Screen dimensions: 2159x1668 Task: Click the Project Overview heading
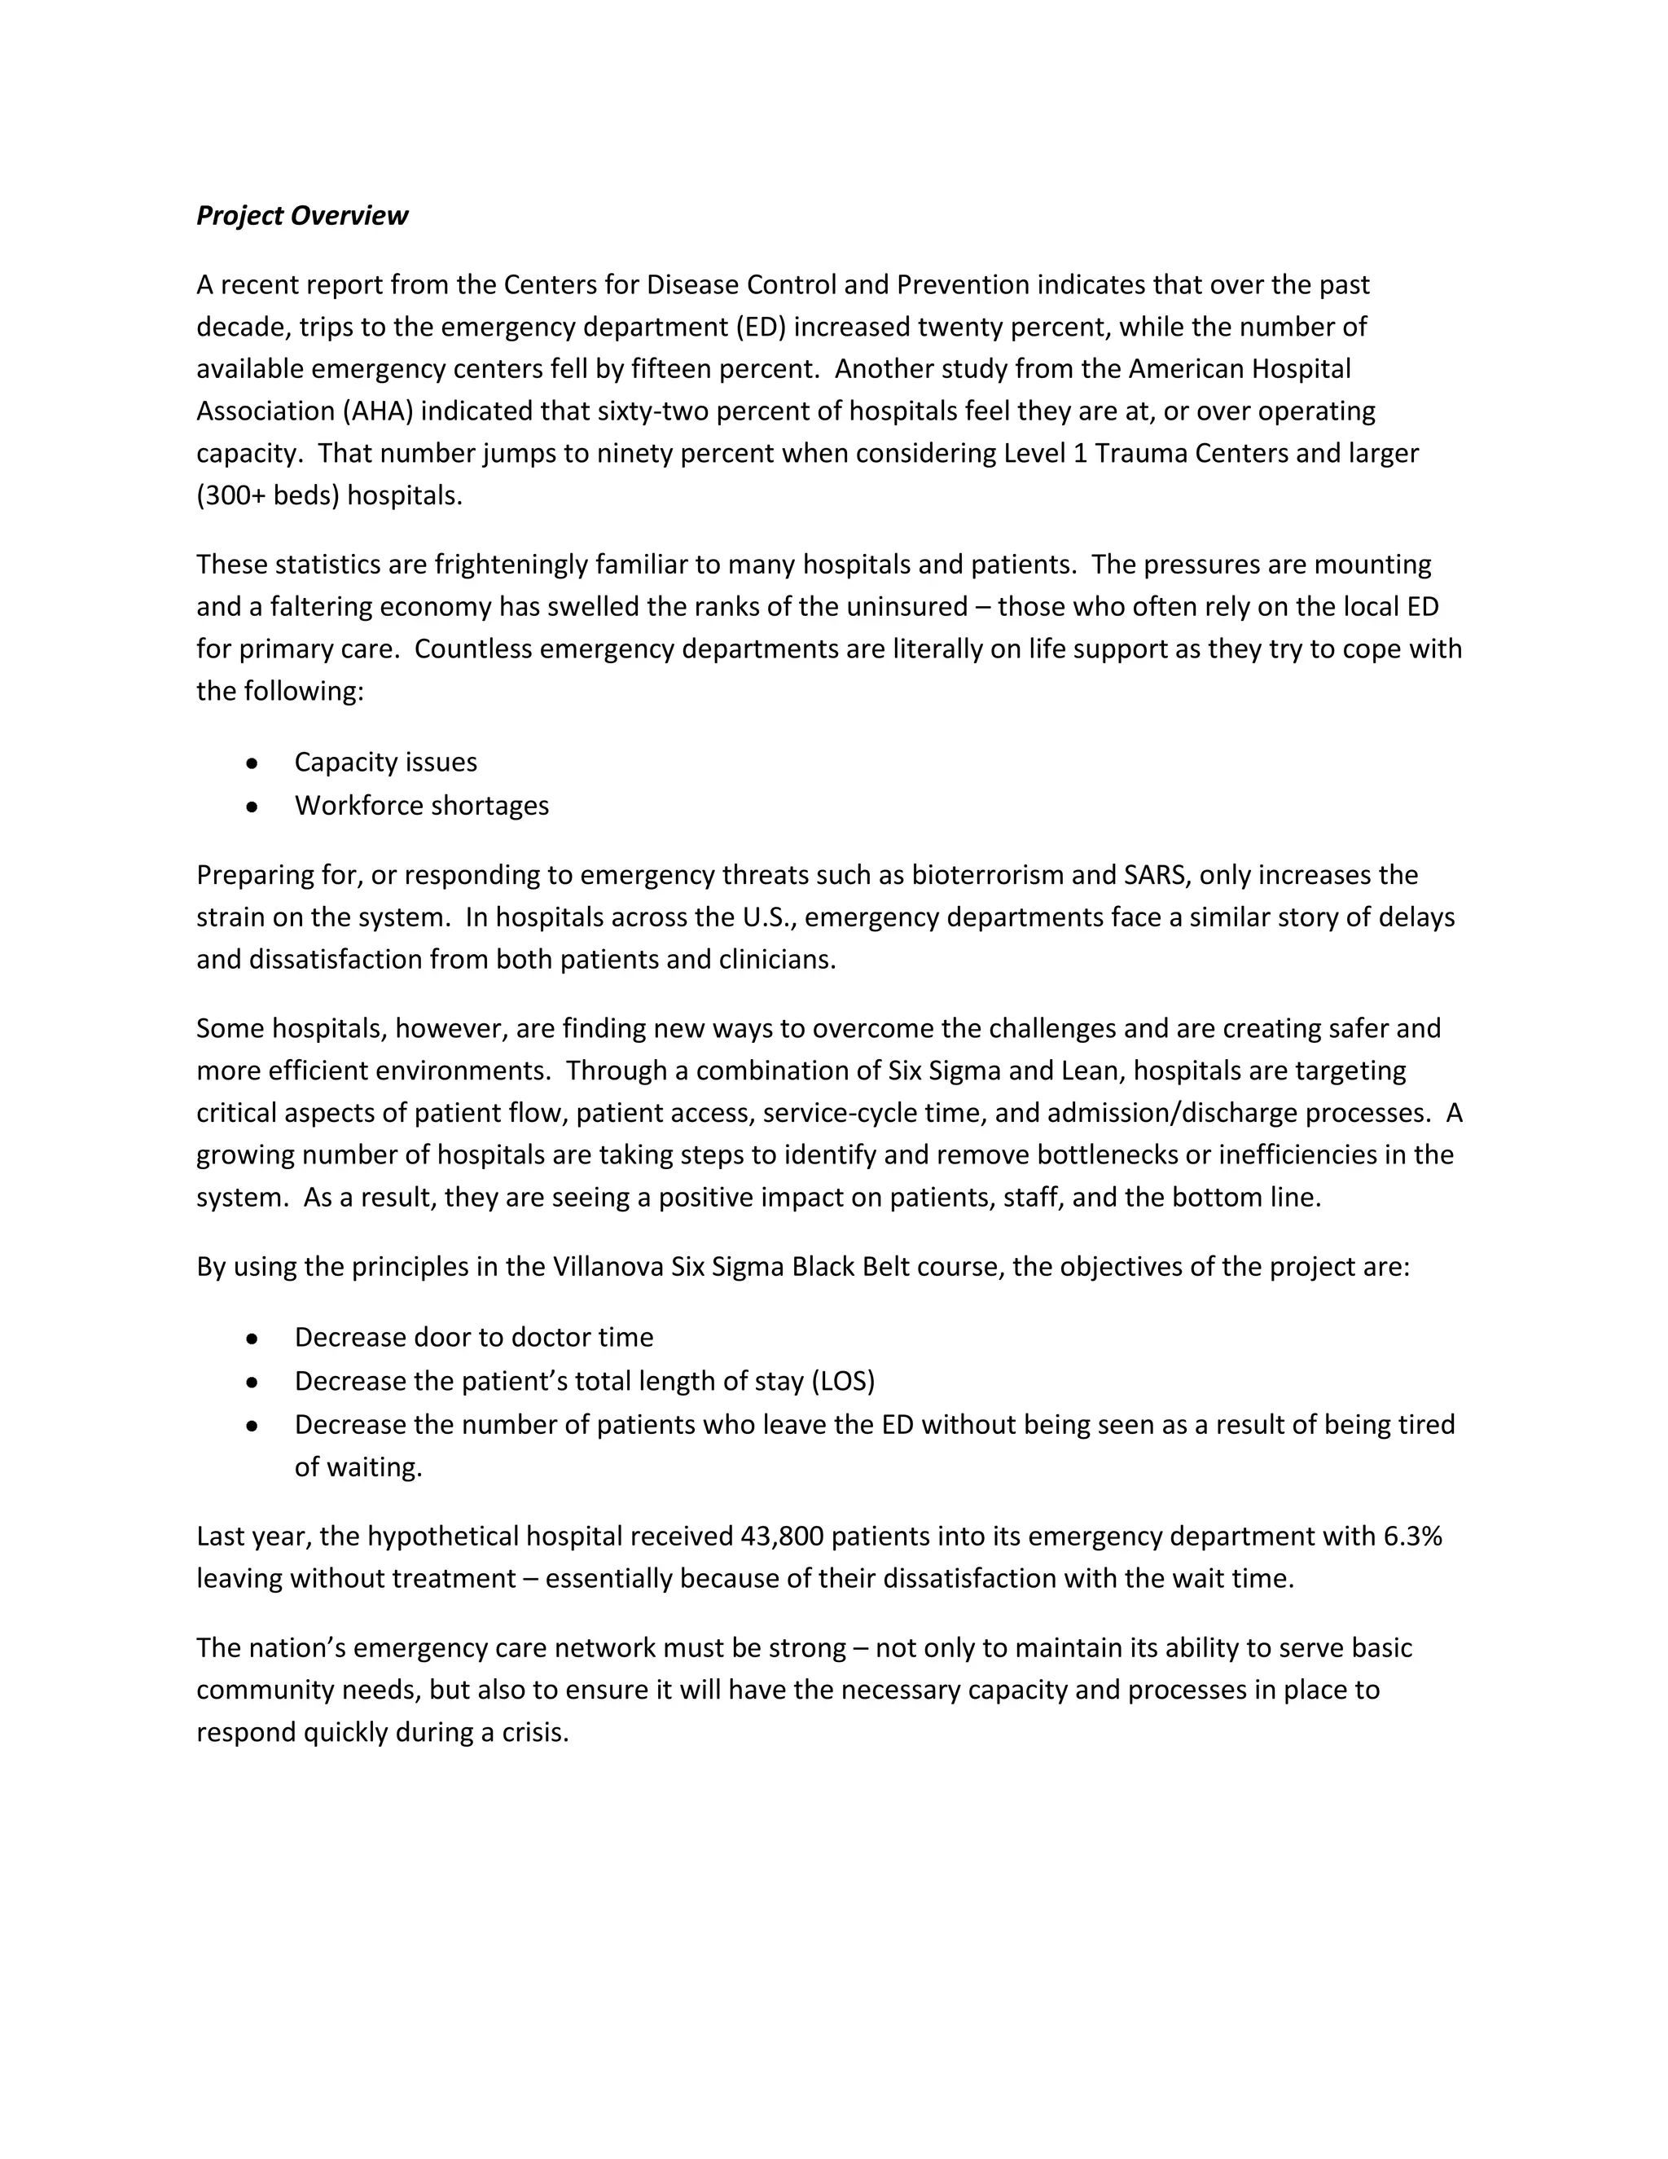click(301, 216)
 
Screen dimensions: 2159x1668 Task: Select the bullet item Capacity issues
click(385, 763)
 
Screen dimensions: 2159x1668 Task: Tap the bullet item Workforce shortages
click(421, 806)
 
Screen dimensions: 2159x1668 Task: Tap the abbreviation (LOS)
click(843, 1381)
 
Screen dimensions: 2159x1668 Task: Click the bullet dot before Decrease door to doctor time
click(253, 1339)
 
